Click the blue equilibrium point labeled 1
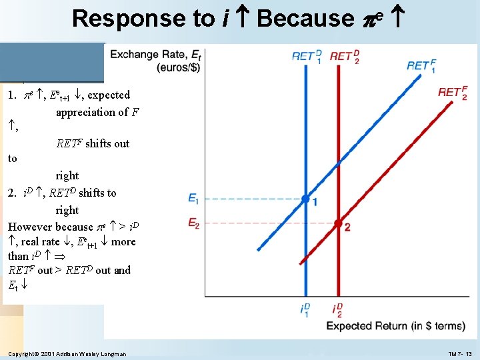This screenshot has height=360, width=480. (305, 199)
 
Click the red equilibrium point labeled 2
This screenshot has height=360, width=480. (338, 223)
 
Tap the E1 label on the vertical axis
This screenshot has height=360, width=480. (193, 199)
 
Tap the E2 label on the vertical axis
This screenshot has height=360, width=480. (193, 223)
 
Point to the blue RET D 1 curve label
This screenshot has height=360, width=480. (307, 56)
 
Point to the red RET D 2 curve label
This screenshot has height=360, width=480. (345, 56)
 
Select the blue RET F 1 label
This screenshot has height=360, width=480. (421, 65)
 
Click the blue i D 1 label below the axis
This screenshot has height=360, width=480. (305, 309)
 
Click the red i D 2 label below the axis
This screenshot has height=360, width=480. (337, 309)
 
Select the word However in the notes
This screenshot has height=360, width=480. (31, 227)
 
